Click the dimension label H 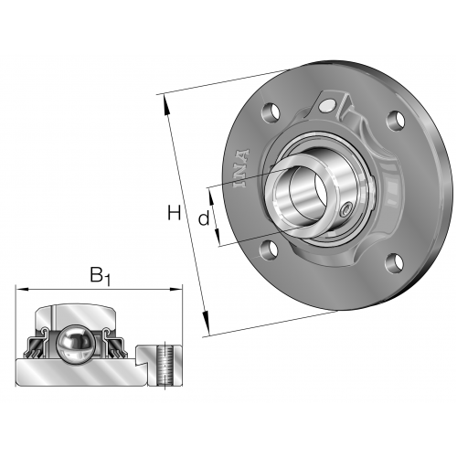pos(175,213)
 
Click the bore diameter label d pos(204,218)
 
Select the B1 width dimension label pos(100,276)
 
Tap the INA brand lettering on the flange pos(241,168)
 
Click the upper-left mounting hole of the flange pos(270,112)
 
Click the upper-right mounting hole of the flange pos(396,120)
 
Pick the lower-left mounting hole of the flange pos(269,250)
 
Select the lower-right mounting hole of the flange pos(396,262)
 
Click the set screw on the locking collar pos(345,209)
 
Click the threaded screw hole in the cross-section pos(165,365)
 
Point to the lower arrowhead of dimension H pos(207,323)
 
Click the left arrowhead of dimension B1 pos(22,289)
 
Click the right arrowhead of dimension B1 pos(175,289)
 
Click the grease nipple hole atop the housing pos(327,104)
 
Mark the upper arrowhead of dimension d pos(211,197)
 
